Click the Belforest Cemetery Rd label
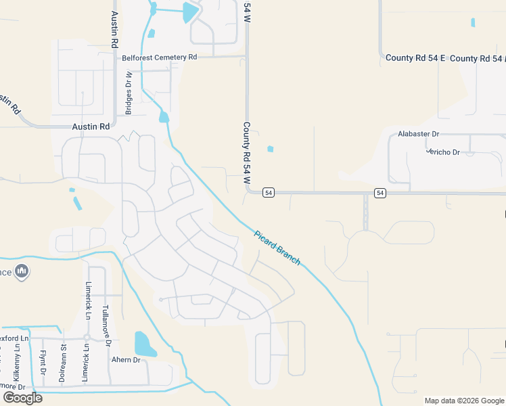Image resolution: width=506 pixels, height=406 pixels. pos(159,58)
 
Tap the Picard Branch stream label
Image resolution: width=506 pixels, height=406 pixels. pos(277,248)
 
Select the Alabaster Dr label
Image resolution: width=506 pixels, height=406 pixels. pos(418,134)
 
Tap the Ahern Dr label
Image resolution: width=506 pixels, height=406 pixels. pos(126,360)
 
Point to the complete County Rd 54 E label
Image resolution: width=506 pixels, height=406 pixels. pos(415,58)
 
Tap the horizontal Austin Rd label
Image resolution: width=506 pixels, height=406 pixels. pos(91,127)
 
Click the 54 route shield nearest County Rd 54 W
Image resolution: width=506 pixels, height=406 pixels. pos(269,193)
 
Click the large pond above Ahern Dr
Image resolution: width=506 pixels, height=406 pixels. pos(144,344)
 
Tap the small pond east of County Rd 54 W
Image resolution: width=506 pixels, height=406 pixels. pos(271,149)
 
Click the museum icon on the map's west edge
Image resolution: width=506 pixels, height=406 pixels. pos(22,271)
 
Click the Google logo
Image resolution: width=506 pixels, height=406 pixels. pos(22,398)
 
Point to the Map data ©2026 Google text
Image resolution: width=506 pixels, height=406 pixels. pos(463,401)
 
